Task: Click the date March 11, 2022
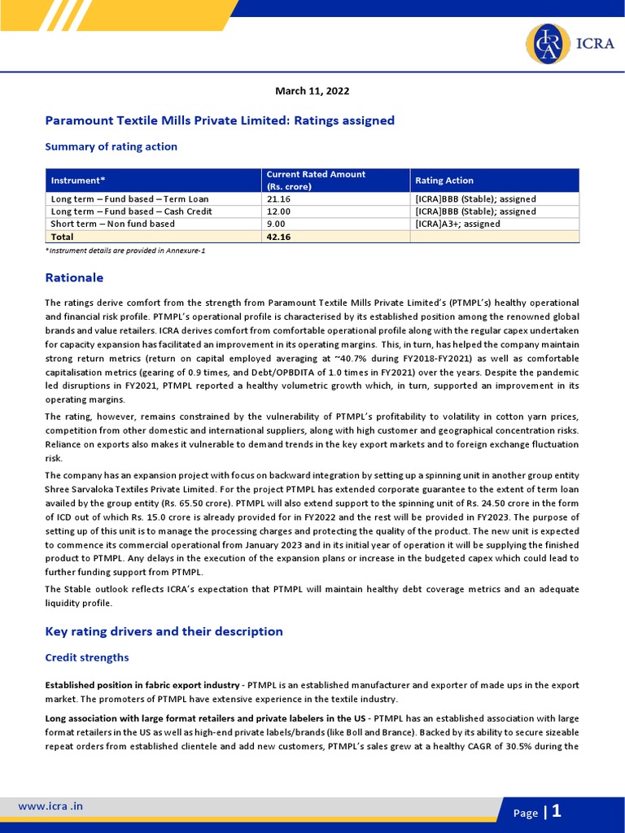(312, 91)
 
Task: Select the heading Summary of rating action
(111, 146)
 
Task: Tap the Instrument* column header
(78, 181)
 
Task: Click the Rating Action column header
(444, 181)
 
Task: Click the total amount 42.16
(278, 237)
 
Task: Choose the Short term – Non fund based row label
(112, 224)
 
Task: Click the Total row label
(63, 237)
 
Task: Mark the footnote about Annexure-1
(125, 251)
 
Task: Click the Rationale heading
(74, 277)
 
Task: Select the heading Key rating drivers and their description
(164, 631)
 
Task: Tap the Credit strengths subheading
(86, 657)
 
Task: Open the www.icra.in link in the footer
(50, 806)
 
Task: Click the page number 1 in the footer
(557, 811)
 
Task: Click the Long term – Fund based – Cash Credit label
(131, 212)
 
